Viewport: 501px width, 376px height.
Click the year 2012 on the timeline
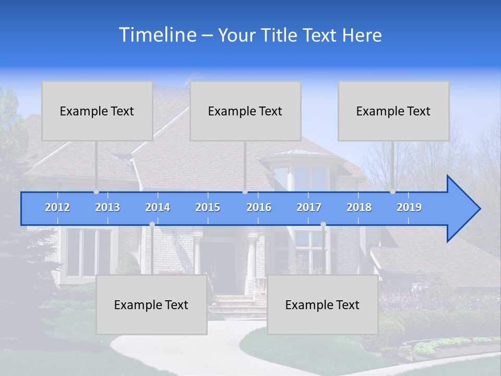[x=57, y=207]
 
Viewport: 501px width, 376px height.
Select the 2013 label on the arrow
[x=108, y=207]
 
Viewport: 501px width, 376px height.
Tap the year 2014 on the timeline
[x=158, y=207]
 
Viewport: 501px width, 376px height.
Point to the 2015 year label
[x=208, y=207]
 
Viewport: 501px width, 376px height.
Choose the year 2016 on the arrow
[x=259, y=207]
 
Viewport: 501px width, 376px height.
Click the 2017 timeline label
[x=309, y=207]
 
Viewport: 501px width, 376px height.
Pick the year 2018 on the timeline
[x=359, y=207]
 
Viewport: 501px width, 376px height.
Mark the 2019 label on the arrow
[x=409, y=207]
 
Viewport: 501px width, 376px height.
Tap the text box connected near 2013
[x=97, y=111]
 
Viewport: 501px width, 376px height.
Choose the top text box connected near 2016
[x=245, y=111]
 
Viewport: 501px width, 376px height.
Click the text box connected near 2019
[x=393, y=111]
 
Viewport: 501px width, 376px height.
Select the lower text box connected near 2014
[x=151, y=304]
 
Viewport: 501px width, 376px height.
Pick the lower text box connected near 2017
[x=323, y=304]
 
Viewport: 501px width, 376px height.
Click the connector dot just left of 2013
[x=97, y=192]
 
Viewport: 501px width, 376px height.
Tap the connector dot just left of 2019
[x=393, y=192]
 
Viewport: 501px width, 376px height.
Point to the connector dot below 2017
[x=323, y=224]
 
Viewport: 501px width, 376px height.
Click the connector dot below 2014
[x=152, y=224]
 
